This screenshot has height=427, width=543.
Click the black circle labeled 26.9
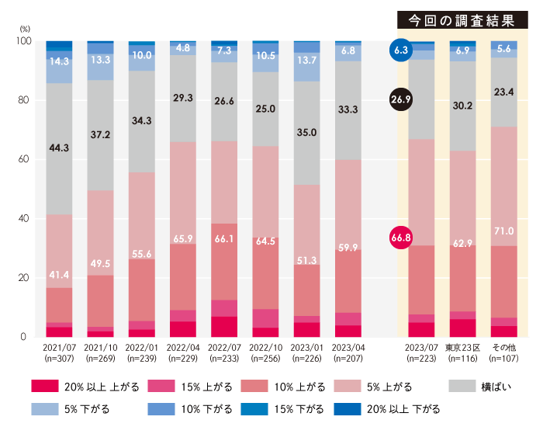(x=401, y=99)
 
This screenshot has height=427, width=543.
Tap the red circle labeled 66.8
(x=401, y=237)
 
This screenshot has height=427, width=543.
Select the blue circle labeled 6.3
(x=401, y=50)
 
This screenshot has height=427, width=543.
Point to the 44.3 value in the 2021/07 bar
(x=59, y=147)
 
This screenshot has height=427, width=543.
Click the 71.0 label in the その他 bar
(x=504, y=231)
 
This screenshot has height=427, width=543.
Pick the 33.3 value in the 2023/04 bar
(x=348, y=109)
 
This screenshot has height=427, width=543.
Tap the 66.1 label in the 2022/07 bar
(x=224, y=239)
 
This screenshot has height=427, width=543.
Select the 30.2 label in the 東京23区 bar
(x=462, y=106)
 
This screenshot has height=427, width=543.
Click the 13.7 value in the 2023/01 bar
(x=307, y=60)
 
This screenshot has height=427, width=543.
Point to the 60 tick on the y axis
(x=23, y=160)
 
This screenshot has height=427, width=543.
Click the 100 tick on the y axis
(x=22, y=41)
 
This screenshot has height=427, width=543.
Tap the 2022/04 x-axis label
(x=183, y=349)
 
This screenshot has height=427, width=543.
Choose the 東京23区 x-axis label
(x=462, y=349)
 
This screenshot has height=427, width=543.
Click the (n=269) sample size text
(x=100, y=359)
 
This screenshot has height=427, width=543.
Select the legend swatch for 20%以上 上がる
(x=46, y=386)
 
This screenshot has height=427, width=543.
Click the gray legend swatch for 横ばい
(x=465, y=386)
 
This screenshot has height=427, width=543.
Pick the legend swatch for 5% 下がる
(x=46, y=408)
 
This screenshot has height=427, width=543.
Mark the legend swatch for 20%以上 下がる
(x=348, y=408)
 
